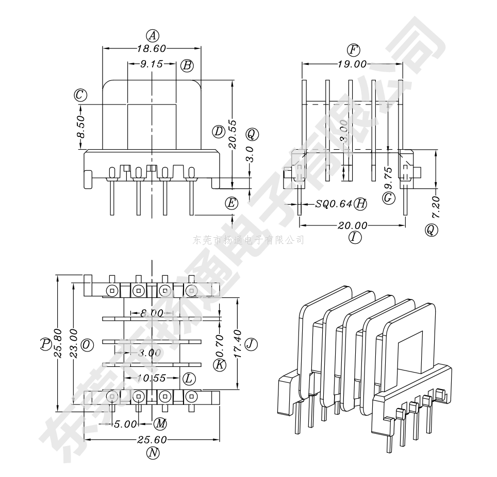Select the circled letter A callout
152,36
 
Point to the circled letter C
80,95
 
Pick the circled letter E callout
232,203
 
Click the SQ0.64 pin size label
334,204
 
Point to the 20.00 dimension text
353,225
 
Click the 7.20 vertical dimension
436,207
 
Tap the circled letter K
220,365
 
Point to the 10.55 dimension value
151,378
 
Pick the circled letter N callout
152,453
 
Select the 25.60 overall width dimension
152,440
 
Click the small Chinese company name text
248,240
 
